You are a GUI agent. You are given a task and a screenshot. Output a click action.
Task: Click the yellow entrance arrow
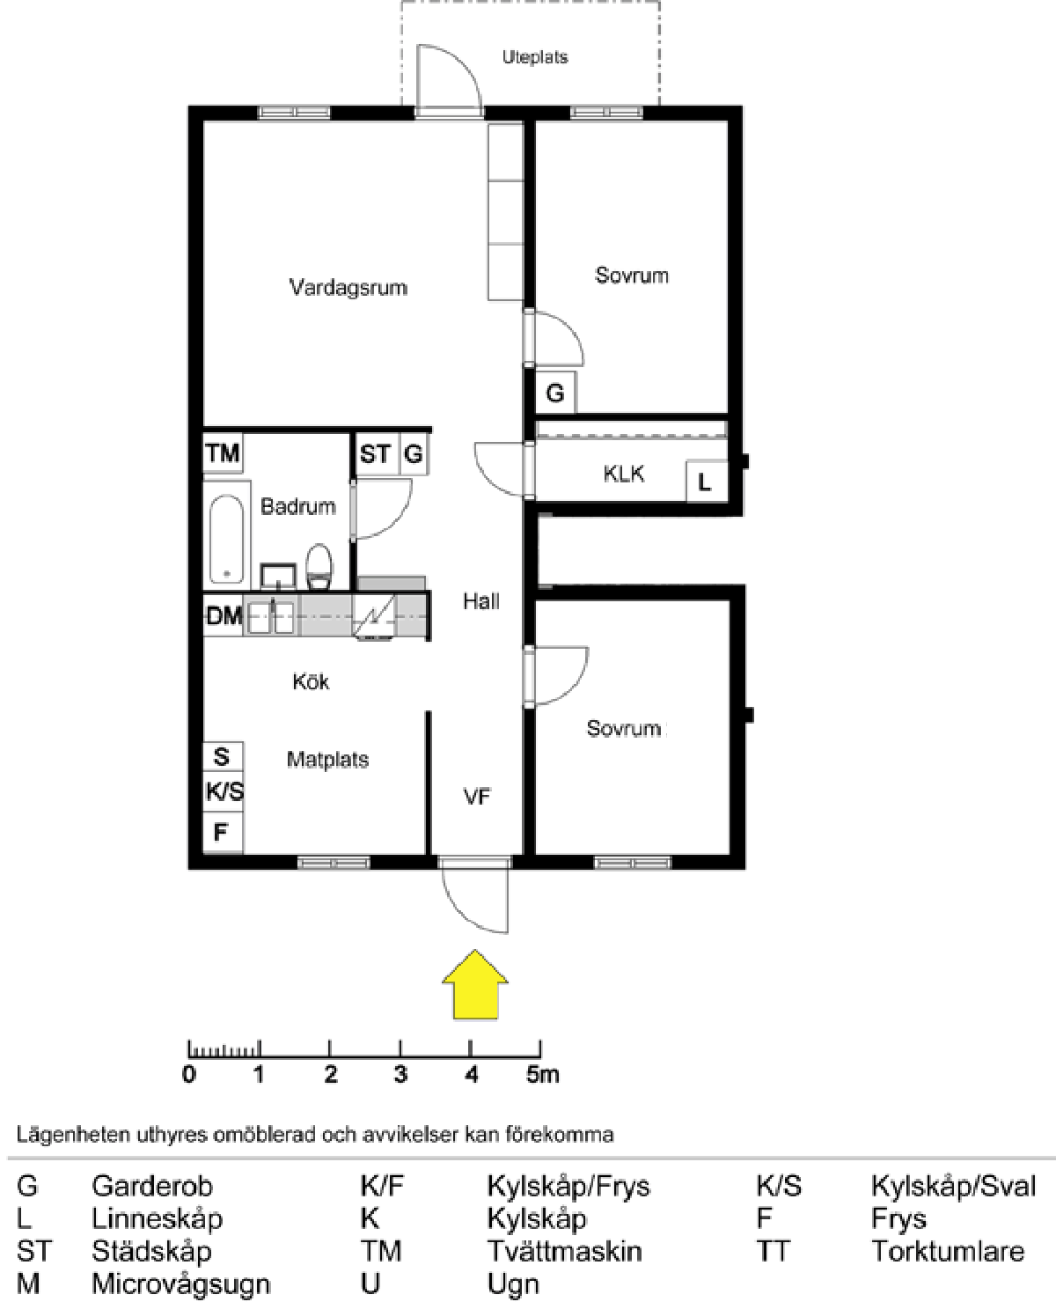point(475,984)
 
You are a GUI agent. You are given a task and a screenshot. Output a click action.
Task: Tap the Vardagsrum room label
point(348,287)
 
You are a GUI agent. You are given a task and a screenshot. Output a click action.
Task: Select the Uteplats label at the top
point(535,57)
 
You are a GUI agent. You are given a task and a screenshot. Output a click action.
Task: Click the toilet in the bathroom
point(319,565)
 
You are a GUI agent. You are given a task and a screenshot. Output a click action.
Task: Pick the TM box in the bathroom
point(223,453)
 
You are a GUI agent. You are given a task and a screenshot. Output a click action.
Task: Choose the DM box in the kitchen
point(224,615)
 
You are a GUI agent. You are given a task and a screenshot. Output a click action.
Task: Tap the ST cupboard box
point(375,454)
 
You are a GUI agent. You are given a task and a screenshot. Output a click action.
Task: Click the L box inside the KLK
point(705,482)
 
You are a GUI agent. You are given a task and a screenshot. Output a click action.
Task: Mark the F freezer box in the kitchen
point(222,831)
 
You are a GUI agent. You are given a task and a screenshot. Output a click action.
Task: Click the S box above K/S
point(222,756)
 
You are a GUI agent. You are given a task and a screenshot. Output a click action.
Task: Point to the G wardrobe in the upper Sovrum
point(555,393)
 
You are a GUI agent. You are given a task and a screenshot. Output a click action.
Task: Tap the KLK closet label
point(623,474)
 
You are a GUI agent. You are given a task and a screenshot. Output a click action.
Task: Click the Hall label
point(481,601)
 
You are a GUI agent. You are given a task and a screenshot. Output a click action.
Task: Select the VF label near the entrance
point(477,797)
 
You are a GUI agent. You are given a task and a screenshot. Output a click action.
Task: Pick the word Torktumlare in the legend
point(948,1251)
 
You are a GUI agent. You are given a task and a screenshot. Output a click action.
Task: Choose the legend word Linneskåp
point(157,1218)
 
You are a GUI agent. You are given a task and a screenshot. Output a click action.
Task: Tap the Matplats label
point(327,759)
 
